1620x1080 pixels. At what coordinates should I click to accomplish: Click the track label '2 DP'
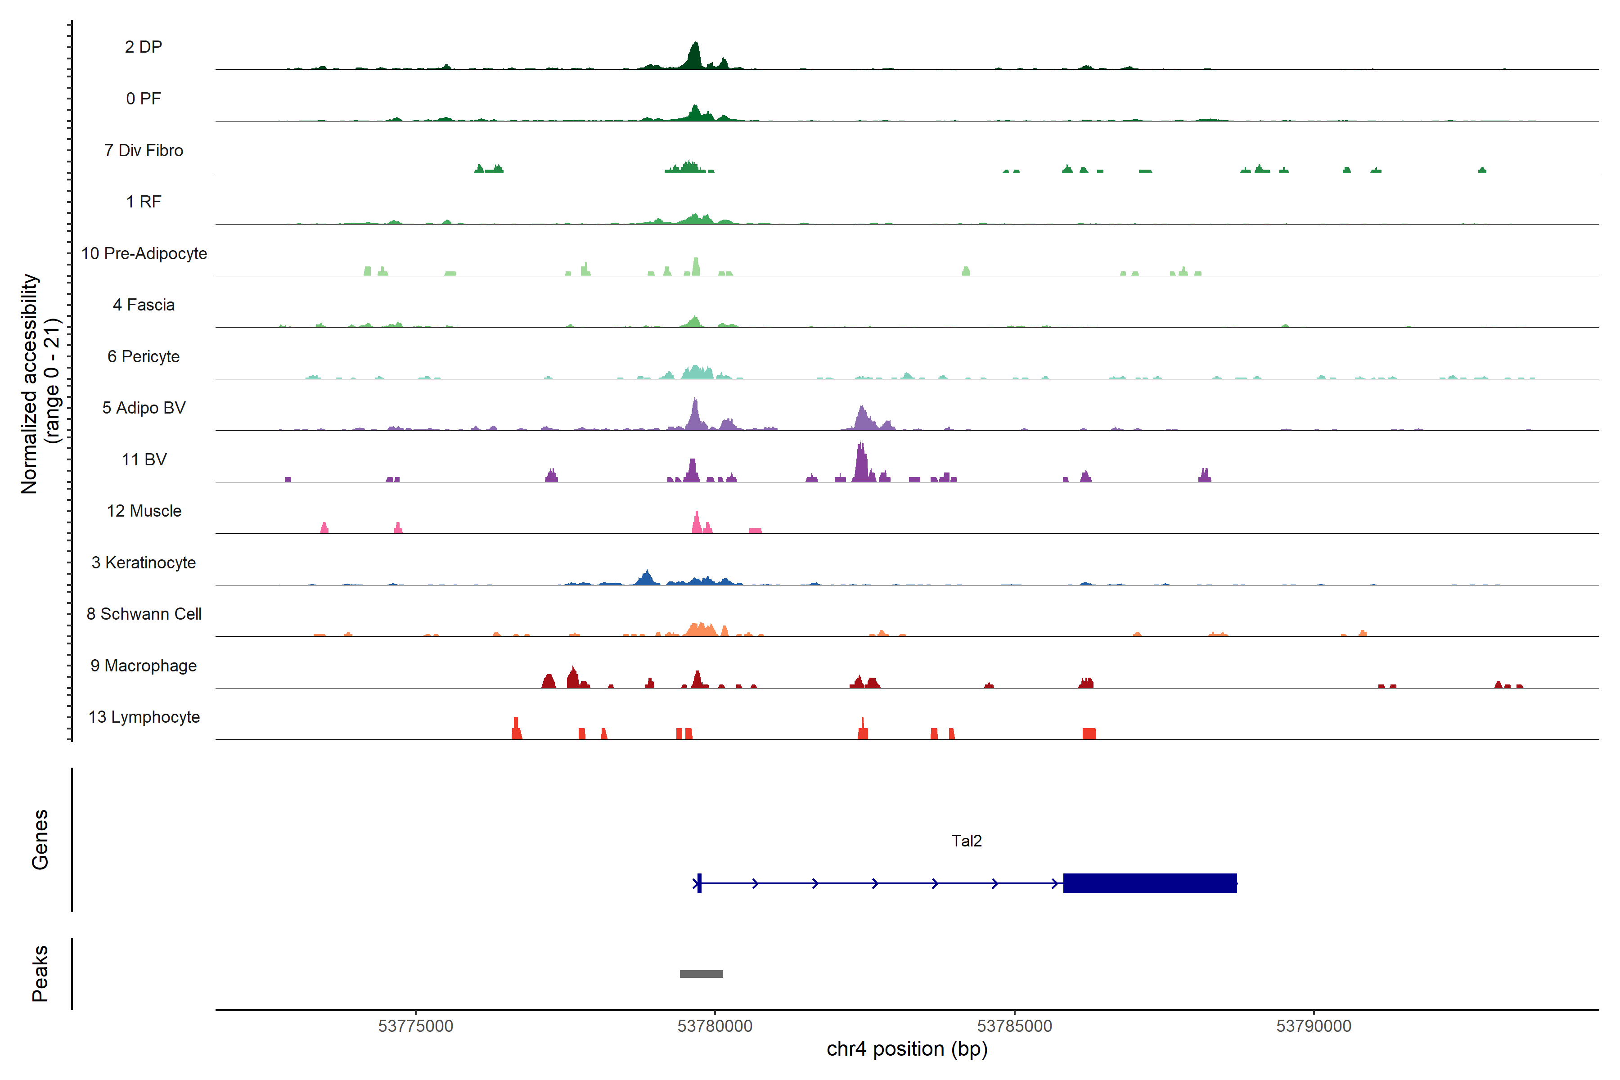[x=143, y=47]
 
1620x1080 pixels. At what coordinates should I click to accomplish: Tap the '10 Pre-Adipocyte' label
[x=144, y=253]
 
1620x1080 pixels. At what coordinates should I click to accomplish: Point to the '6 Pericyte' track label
[x=143, y=356]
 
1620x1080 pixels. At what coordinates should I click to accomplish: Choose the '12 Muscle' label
[x=144, y=511]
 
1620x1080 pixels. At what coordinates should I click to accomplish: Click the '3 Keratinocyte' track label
[x=143, y=563]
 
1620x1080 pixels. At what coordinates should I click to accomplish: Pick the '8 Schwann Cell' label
[x=144, y=614]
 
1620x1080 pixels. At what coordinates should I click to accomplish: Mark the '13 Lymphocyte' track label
[x=144, y=717]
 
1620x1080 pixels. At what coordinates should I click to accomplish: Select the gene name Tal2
[x=966, y=841]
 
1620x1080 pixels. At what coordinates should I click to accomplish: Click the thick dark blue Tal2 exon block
[x=1150, y=883]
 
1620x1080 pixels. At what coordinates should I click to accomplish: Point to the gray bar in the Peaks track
[x=701, y=974]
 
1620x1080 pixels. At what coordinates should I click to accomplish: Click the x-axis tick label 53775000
[x=415, y=1026]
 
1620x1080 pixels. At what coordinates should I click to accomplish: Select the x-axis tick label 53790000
[x=1314, y=1026]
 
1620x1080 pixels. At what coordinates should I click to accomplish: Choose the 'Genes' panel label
[x=40, y=840]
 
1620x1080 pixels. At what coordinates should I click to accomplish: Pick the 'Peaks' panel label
[x=40, y=973]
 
